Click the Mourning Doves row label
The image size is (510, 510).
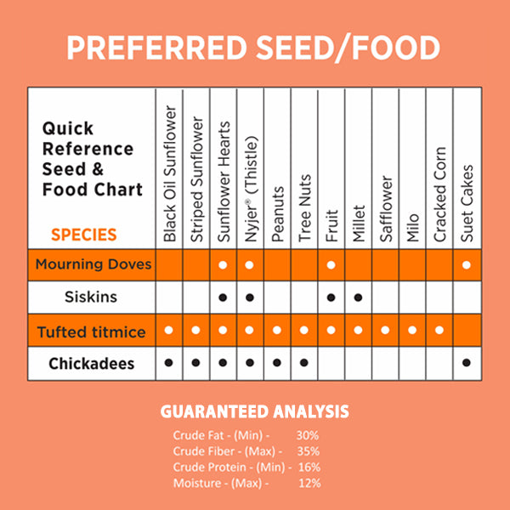click(93, 264)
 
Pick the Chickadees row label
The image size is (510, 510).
click(92, 363)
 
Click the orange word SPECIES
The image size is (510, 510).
click(83, 235)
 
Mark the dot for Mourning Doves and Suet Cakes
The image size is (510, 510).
click(467, 265)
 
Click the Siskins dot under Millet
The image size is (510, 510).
click(359, 297)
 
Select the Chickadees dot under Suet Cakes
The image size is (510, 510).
click(467, 363)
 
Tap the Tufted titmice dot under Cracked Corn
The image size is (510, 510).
click(439, 331)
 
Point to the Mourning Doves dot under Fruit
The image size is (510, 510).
click(331, 265)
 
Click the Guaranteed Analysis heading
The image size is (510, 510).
click(255, 412)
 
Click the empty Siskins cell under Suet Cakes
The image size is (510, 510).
click(467, 297)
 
